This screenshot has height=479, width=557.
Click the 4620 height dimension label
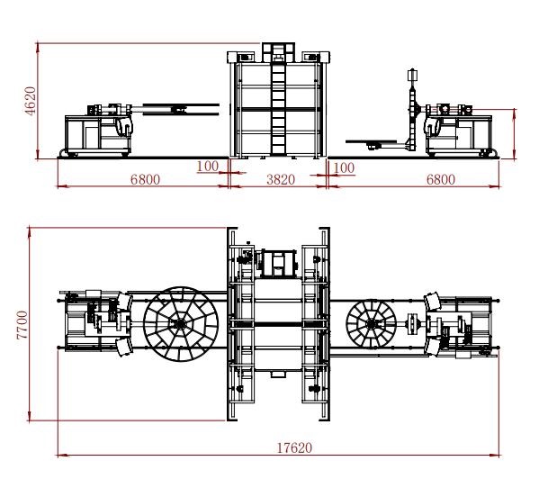(x=31, y=101)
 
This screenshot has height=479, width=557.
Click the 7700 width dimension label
(x=22, y=325)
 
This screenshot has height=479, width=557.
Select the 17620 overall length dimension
(x=294, y=447)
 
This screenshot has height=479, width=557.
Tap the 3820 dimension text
(x=281, y=179)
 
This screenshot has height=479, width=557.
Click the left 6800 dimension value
(x=145, y=179)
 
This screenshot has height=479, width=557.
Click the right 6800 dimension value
(x=441, y=179)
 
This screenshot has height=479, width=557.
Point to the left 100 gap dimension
(x=208, y=166)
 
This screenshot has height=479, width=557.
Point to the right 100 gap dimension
(x=344, y=167)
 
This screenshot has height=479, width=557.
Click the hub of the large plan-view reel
(x=180, y=324)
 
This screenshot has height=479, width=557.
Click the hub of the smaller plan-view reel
(x=372, y=324)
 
